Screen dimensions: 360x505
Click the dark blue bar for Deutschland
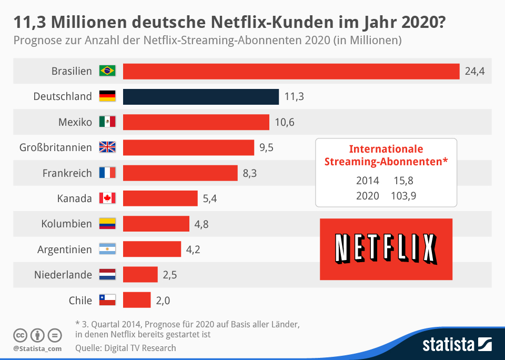pyautogui.click(x=201, y=97)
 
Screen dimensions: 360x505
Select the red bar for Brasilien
pyautogui.click(x=291, y=72)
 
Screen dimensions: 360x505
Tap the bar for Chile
pyautogui.click(x=137, y=300)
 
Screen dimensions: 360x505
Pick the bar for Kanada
pyautogui.click(x=160, y=198)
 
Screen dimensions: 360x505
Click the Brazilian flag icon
pyautogui.click(x=107, y=71)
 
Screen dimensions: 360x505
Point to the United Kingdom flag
pyautogui.click(x=107, y=147)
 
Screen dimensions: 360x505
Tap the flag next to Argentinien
pyautogui.click(x=107, y=249)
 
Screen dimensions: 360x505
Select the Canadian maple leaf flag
pyautogui.click(x=107, y=198)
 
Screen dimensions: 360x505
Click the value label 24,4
pyautogui.click(x=474, y=72)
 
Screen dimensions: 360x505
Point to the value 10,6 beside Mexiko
pyautogui.click(x=285, y=123)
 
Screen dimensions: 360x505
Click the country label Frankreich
pyautogui.click(x=67, y=173)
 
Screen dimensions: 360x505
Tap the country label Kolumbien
pyautogui.click(x=66, y=224)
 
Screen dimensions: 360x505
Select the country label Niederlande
pyautogui.click(x=63, y=275)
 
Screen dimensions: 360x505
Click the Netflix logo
pyautogui.click(x=386, y=249)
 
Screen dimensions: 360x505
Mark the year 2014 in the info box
pyautogui.click(x=367, y=181)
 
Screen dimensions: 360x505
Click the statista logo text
pyautogui.click(x=448, y=345)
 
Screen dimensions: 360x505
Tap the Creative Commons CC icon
pyautogui.click(x=21, y=335)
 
